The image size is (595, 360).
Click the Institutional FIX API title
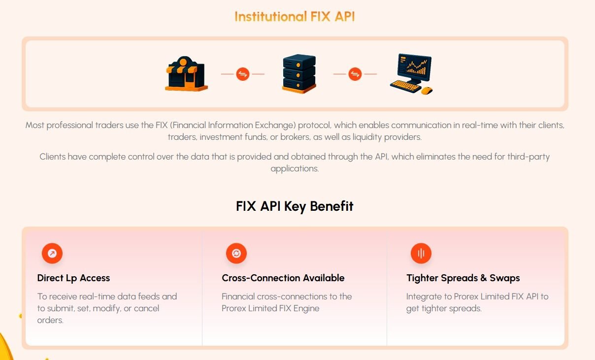tap(295, 16)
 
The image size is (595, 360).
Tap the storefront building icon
tap(186, 73)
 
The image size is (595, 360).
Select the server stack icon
tap(299, 73)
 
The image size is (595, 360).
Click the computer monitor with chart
tap(414, 67)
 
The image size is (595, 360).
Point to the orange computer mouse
tap(427, 91)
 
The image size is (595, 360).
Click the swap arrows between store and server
tap(243, 74)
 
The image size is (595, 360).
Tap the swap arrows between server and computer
tap(355, 74)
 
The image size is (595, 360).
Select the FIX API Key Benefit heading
tap(295, 206)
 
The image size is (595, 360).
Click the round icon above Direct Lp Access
tap(52, 253)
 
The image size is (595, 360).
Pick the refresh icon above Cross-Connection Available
tap(236, 253)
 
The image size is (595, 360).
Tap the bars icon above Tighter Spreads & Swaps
tap(421, 253)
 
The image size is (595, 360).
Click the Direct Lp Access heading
tap(73, 278)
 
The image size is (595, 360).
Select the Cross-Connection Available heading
tap(283, 278)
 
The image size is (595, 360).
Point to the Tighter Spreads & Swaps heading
tap(463, 278)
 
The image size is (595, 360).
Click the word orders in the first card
tap(50, 320)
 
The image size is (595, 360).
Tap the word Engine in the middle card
tap(306, 309)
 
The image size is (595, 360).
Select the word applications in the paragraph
tap(295, 169)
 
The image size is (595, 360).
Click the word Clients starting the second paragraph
tap(53, 157)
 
